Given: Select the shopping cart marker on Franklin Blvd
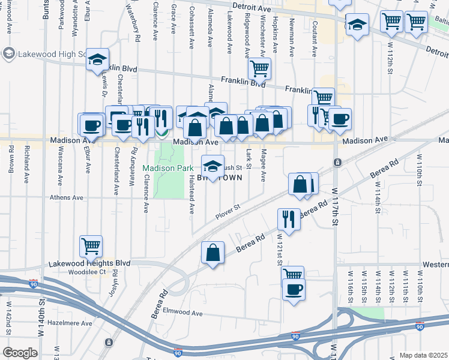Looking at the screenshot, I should pyautogui.click(x=259, y=69).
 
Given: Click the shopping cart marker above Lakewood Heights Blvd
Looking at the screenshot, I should pyautogui.click(x=91, y=245).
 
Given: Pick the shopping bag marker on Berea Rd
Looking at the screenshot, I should pyautogui.click(x=213, y=253).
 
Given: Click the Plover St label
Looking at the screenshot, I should pyautogui.click(x=228, y=209).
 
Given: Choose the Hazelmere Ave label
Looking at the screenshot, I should pyautogui.click(x=71, y=323).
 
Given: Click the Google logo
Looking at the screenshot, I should pyautogui.click(x=20, y=353).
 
